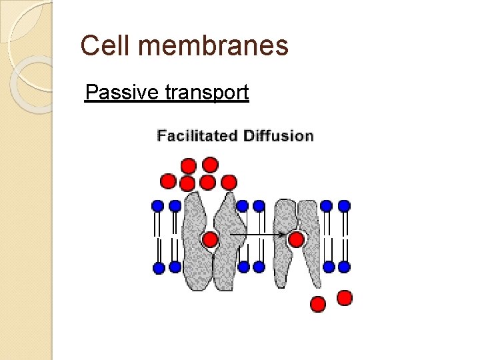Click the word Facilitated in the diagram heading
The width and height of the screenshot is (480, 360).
(x=197, y=136)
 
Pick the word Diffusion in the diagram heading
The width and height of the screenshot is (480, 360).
(x=278, y=136)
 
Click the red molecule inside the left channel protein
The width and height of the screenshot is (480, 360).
(x=210, y=239)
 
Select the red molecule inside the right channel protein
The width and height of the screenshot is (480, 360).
(x=296, y=239)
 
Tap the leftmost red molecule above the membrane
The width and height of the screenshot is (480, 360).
(x=169, y=181)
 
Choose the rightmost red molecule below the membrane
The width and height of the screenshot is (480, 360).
(x=344, y=297)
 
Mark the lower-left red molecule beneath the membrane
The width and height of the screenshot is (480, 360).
(x=318, y=304)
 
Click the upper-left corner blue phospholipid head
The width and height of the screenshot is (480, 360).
(x=159, y=206)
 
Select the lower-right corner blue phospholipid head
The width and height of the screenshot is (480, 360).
(x=344, y=267)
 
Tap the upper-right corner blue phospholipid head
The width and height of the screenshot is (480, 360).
(x=344, y=206)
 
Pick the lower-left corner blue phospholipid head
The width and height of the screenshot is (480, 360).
(x=159, y=268)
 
